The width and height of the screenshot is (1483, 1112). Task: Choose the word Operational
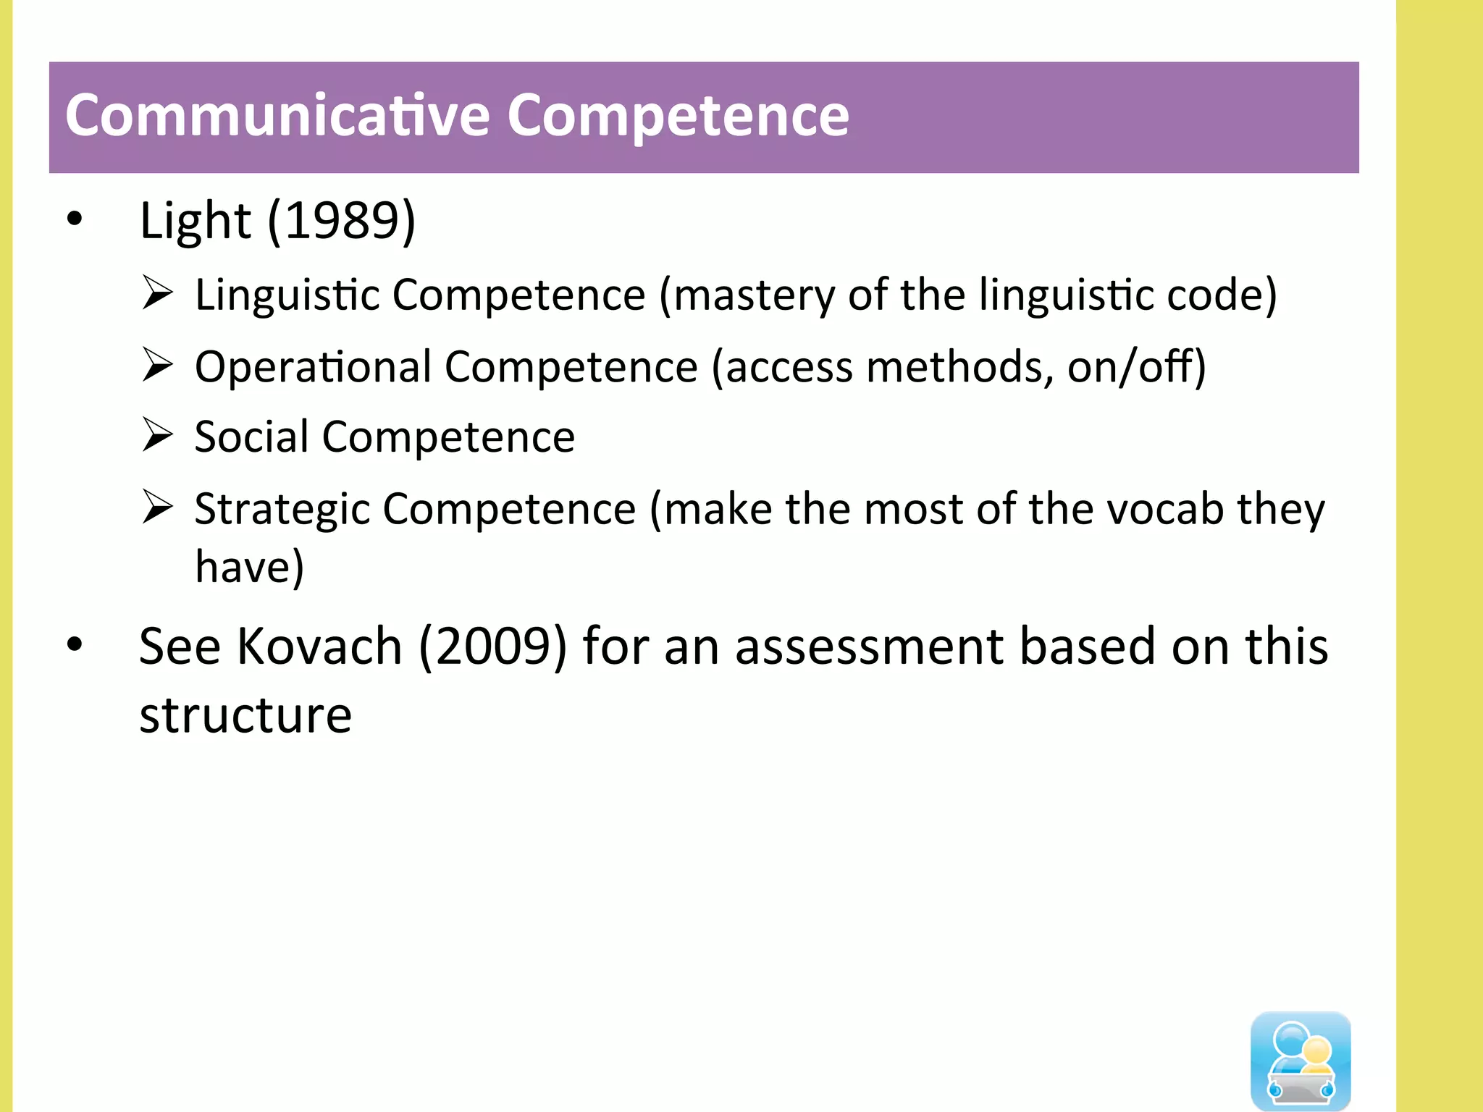pyautogui.click(x=313, y=366)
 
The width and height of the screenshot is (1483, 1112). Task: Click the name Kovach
pyautogui.click(x=319, y=646)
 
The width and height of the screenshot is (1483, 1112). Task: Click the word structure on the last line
pyautogui.click(x=245, y=715)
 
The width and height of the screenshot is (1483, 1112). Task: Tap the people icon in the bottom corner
pyautogui.click(x=1301, y=1061)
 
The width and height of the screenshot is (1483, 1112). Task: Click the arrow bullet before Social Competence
pyautogui.click(x=157, y=435)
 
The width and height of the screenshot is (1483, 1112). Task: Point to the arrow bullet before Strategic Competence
pyautogui.click(x=157, y=507)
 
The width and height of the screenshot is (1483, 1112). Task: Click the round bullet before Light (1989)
pyautogui.click(x=75, y=219)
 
